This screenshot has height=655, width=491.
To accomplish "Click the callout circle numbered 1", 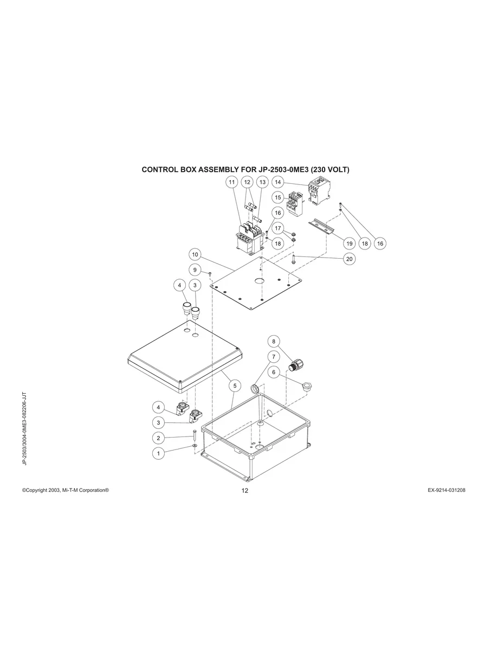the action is [x=158, y=453].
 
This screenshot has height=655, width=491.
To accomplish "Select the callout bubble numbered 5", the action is [x=235, y=386].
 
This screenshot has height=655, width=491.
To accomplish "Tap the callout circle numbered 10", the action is [x=195, y=254].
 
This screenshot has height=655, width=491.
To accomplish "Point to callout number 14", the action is [x=278, y=182].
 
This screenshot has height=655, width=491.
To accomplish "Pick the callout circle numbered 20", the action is [x=349, y=259].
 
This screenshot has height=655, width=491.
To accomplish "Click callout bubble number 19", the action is [x=349, y=243].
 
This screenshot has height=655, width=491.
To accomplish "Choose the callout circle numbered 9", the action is [x=195, y=270].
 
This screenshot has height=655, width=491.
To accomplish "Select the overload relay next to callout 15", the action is [x=296, y=203].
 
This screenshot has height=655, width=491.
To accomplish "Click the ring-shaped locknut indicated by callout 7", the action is [x=255, y=389].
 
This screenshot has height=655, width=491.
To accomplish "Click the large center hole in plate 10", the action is [x=259, y=280].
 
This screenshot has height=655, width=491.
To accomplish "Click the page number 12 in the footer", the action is [x=244, y=491].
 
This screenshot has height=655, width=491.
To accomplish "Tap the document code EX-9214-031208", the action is [x=446, y=490].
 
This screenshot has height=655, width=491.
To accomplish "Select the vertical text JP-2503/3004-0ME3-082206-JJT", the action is [x=25, y=428].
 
